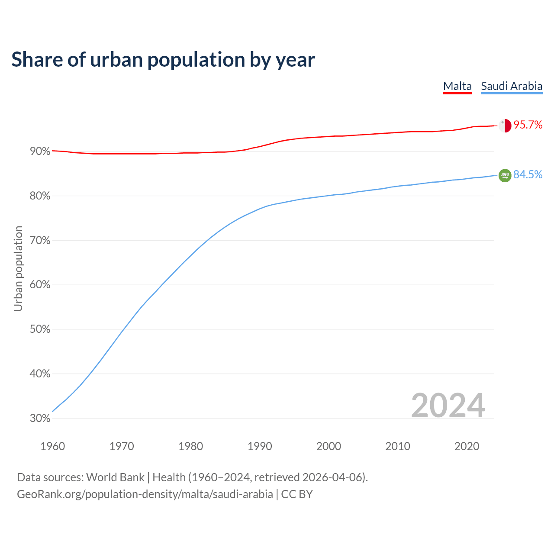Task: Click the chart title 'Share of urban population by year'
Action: pos(163,60)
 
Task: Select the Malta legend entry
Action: pos(457,86)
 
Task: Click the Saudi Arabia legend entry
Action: pos(512,86)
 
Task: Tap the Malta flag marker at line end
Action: pos(505,126)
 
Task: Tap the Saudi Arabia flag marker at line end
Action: pos(505,175)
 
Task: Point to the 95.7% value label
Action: pos(528,125)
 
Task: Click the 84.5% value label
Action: pos(528,174)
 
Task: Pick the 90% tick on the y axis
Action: pos(40,151)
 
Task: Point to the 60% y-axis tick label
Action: pos(40,285)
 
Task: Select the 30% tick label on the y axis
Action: pos(40,419)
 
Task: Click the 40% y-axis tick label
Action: pos(40,374)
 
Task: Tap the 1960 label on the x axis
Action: pos(52,446)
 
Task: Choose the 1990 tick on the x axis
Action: pos(260,446)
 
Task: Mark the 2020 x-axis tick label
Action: pos(467,446)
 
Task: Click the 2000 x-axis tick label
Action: pos(329,446)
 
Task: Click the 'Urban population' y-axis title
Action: pos(18,268)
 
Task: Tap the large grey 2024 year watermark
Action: pos(448,406)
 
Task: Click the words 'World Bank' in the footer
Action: pos(115,477)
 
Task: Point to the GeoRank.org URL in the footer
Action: pos(145,494)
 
